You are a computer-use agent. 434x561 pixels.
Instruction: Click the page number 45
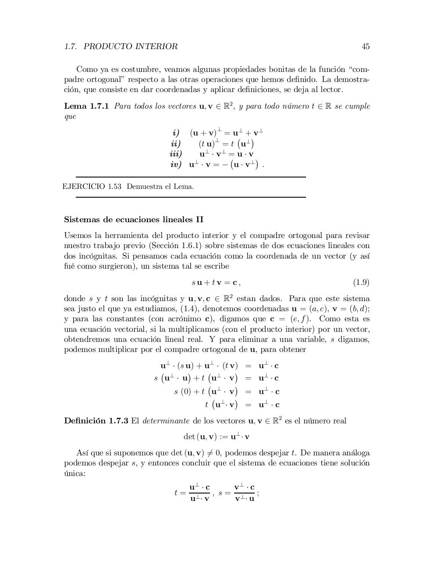pos(365,46)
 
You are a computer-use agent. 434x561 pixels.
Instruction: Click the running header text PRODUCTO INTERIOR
pos(130,46)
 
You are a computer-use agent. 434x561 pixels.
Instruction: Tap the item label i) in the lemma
pos(176,132)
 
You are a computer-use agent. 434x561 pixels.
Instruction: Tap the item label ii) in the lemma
pos(176,143)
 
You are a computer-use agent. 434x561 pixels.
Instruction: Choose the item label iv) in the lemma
pos(175,164)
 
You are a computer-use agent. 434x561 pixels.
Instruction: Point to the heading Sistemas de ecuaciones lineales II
pos(134,219)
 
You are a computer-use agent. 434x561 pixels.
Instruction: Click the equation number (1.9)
pos(361,282)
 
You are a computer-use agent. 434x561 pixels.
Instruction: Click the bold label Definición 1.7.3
pos(96,421)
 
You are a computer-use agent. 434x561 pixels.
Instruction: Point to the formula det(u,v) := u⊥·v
pos(216,437)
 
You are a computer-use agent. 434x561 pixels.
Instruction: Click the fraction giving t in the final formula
pos(199,493)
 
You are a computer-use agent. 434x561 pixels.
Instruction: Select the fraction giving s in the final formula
pos(244,493)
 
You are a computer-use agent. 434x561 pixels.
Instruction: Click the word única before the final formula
pos(75,474)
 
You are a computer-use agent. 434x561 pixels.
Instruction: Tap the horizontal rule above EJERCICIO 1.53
pos(191,177)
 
